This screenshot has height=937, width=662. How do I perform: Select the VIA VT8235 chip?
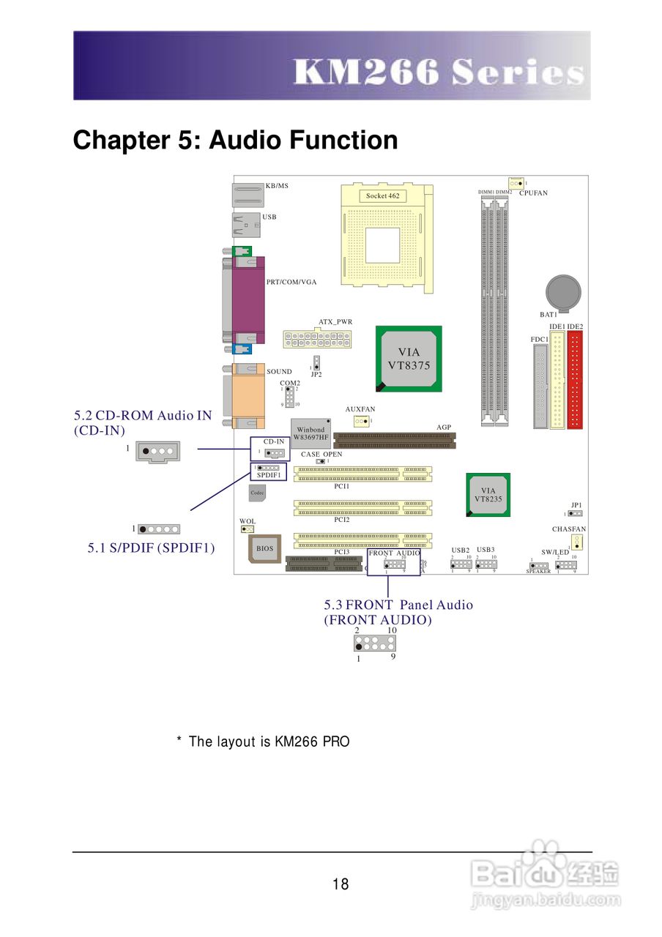pos(488,496)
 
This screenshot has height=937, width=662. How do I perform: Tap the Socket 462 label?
pos(382,195)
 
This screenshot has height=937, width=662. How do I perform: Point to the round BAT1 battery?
pos(564,291)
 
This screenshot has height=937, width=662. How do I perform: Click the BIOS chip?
pos(264,548)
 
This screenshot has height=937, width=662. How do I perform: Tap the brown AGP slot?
pos(394,439)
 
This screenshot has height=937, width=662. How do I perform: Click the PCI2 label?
pos(341,519)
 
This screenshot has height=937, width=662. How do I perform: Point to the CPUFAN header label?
pos(533,193)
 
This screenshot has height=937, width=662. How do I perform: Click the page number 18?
pos(340,884)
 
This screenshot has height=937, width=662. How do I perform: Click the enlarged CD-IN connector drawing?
pos(157,452)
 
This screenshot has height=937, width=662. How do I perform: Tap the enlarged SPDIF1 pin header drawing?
pos(159,529)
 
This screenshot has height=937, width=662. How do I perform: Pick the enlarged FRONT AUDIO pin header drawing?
pos(374,643)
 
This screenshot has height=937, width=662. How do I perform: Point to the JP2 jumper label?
pos(316,374)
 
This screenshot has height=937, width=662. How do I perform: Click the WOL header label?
pos(248,521)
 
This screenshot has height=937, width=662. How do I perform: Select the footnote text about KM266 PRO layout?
pos(264,742)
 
